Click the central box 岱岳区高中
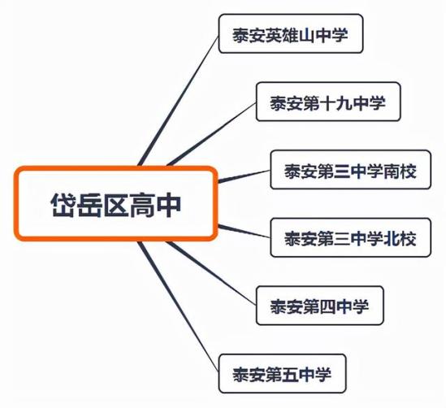[x=116, y=204]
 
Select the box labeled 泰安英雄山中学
[x=291, y=33]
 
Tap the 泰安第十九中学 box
[x=328, y=102]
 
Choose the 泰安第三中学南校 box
[x=350, y=170]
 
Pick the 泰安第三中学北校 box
[x=350, y=237]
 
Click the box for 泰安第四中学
[x=320, y=306]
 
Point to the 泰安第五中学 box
[x=282, y=374]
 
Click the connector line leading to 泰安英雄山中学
[x=179, y=101]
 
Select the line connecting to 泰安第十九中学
[x=212, y=134]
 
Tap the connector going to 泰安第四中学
[x=212, y=273]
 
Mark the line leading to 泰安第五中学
[x=179, y=306]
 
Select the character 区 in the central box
[x=116, y=205]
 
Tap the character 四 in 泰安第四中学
[x=328, y=307]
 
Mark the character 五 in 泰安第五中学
[x=290, y=375]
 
